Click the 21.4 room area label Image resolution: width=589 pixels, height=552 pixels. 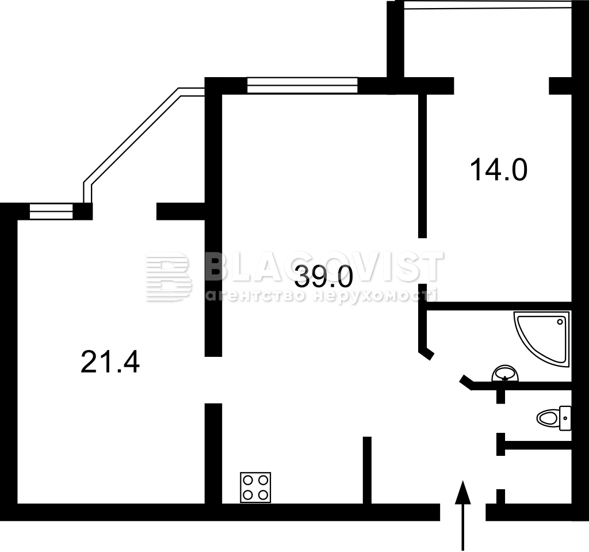pyautogui.click(x=110, y=361)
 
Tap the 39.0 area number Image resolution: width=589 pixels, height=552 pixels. pyautogui.click(x=324, y=276)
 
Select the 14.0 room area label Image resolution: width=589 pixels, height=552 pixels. pyautogui.click(x=499, y=170)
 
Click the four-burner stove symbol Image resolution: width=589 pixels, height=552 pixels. pyautogui.click(x=255, y=488)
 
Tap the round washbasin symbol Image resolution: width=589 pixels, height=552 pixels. pyautogui.click(x=505, y=374)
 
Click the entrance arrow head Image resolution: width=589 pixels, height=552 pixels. pyautogui.click(x=463, y=492)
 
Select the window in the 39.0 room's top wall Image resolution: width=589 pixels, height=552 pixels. pyautogui.click(x=302, y=85)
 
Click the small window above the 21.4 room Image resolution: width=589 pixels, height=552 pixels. pyautogui.click(x=51, y=211)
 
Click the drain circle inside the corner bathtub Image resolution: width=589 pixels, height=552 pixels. pyautogui.click(x=560, y=322)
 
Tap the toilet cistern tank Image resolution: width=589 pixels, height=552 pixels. pyautogui.click(x=565, y=418)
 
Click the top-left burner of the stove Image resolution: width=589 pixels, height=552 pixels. pyautogui.click(x=248, y=480)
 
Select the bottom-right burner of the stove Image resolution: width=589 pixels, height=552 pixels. pyautogui.click(x=263, y=495)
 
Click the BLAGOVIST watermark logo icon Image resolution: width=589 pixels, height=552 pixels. pyautogui.click(x=168, y=276)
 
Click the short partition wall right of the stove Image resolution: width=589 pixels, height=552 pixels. pyautogui.click(x=367, y=470)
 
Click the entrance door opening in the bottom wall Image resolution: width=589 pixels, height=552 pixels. pyautogui.click(x=463, y=512)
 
